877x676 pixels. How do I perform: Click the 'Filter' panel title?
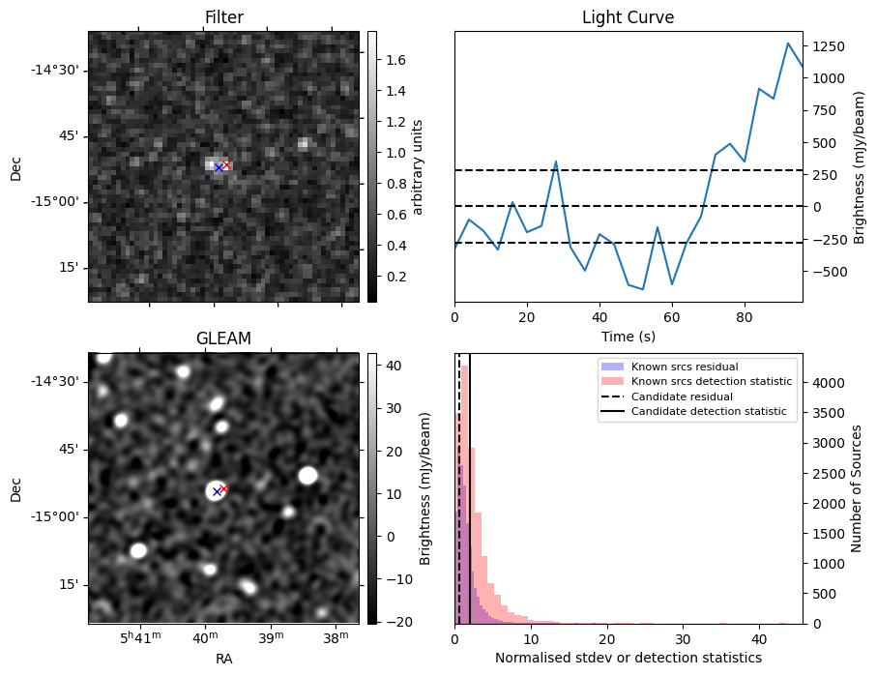click(223, 17)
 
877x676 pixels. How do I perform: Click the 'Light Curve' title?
click(628, 17)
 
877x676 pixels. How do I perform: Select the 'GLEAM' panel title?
click(223, 338)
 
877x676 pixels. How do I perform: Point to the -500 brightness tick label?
click(829, 272)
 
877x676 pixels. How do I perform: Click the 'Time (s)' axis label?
click(628, 335)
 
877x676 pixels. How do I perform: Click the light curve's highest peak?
click(788, 44)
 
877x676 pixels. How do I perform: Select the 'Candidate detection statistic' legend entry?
click(709, 413)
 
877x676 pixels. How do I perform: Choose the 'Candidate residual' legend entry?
click(683, 397)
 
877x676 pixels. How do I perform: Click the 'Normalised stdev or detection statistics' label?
click(628, 658)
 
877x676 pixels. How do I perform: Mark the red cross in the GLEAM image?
click(223, 488)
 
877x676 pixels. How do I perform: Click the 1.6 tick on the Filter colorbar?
click(395, 60)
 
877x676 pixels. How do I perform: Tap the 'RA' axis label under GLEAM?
click(223, 658)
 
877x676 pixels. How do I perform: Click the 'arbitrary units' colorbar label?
click(418, 166)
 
